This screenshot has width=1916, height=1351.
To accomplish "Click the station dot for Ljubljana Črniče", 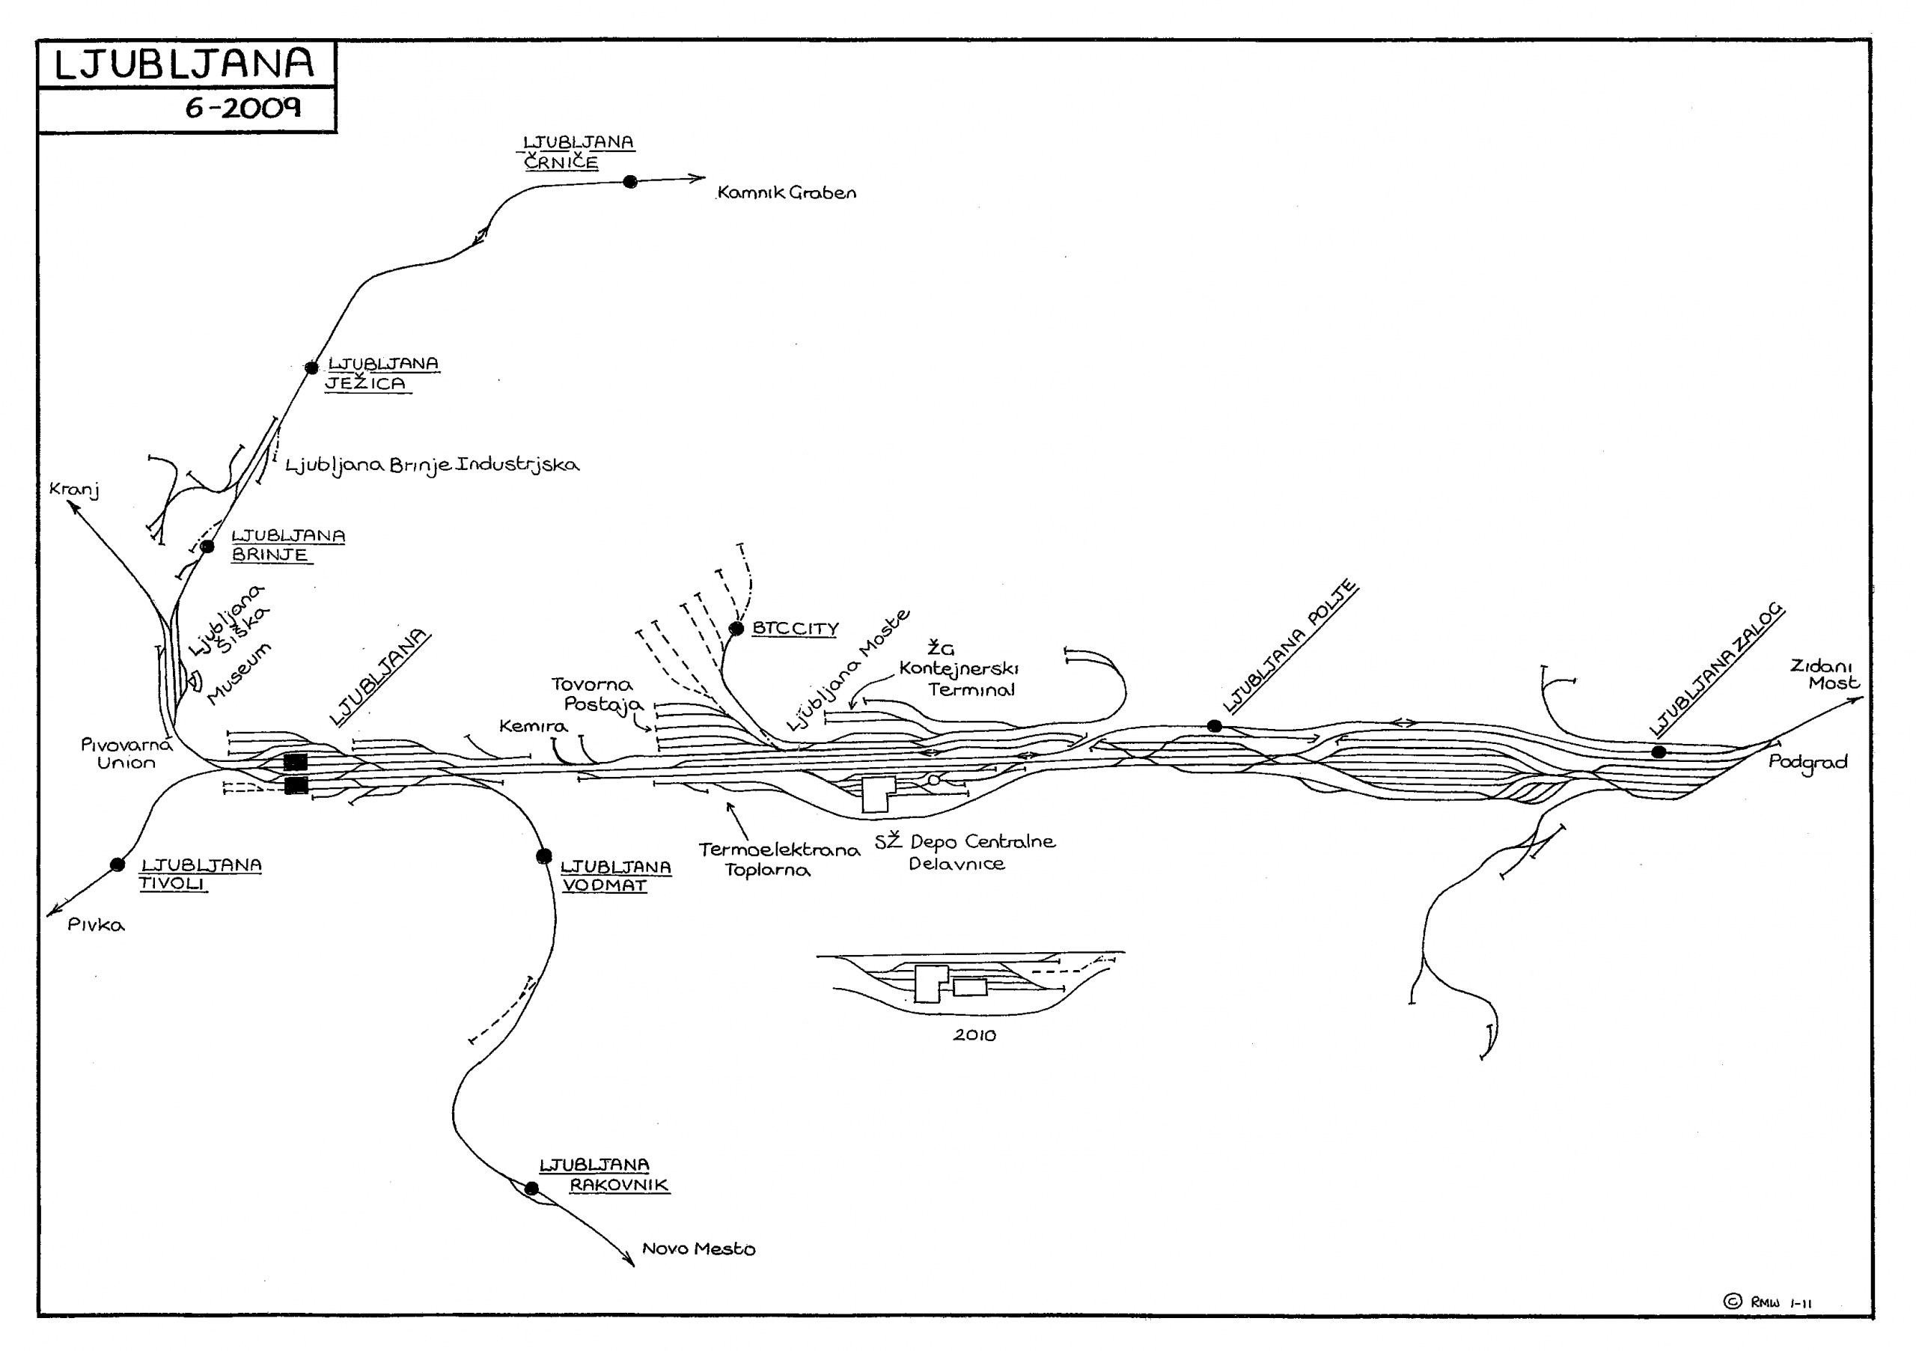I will pyautogui.click(x=630, y=182).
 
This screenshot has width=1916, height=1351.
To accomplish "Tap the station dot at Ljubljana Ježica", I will pyautogui.click(x=311, y=368).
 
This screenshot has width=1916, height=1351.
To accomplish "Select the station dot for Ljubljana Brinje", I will pyautogui.click(x=208, y=546).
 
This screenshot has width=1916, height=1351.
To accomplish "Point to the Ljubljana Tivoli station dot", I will pyautogui.click(x=118, y=864).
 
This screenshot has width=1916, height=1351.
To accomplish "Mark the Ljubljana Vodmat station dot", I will pyautogui.click(x=544, y=856).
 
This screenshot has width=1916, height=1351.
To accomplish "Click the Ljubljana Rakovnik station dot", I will pyautogui.click(x=531, y=1189).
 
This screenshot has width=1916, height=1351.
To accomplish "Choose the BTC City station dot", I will pyautogui.click(x=736, y=629).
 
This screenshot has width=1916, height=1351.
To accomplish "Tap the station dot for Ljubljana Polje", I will pyautogui.click(x=1215, y=726).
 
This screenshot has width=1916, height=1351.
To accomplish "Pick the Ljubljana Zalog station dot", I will pyautogui.click(x=1659, y=752).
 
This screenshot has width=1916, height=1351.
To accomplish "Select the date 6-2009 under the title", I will pyautogui.click(x=242, y=109).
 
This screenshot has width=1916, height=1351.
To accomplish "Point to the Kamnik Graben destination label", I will pyautogui.click(x=786, y=193).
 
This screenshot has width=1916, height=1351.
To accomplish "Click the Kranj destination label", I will pyautogui.click(x=74, y=490).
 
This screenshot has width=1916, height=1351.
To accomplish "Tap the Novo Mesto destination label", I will pyautogui.click(x=698, y=1249).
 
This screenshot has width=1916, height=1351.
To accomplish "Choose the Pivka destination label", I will pyautogui.click(x=96, y=925).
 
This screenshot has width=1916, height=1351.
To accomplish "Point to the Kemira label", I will pyautogui.click(x=532, y=726).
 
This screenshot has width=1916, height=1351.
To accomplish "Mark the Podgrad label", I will pyautogui.click(x=1807, y=763).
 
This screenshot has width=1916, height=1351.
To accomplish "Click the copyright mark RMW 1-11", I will pyautogui.click(x=1768, y=1302).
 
